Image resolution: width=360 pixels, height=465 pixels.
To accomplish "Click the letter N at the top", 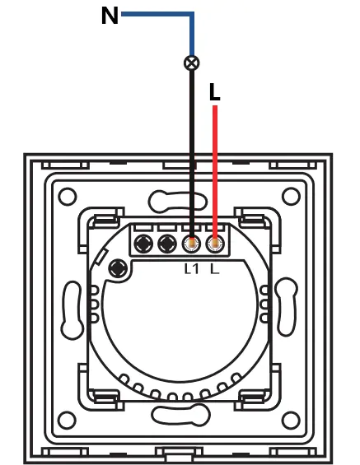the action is [x=110, y=16].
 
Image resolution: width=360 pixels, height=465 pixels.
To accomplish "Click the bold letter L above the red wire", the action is [x=214, y=92].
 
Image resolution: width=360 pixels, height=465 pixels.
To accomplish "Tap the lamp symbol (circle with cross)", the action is [x=192, y=63].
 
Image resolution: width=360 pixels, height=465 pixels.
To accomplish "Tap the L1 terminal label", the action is [x=191, y=268].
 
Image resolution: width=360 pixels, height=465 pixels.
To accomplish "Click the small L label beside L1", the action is [x=214, y=268].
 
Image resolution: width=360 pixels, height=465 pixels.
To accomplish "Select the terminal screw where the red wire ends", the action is [x=215, y=244].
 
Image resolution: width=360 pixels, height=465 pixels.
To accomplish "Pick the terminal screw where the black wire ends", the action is [x=191, y=244].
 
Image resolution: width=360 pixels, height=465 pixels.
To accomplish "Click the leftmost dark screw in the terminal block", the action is [x=143, y=244].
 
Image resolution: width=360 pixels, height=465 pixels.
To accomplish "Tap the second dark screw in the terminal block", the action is [x=167, y=244].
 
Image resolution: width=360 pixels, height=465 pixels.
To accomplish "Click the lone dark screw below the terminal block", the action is [x=118, y=269].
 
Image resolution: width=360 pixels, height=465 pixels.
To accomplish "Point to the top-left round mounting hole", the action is [x=68, y=197].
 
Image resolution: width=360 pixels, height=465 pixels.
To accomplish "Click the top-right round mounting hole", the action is [x=291, y=197].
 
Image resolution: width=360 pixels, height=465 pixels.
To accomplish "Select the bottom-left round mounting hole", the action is [x=67, y=420].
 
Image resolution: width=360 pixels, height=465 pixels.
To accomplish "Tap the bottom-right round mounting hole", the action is [x=291, y=420].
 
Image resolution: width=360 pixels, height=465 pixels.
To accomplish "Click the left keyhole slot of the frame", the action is [x=72, y=310].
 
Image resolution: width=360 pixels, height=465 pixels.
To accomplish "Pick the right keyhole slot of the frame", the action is [x=287, y=306].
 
